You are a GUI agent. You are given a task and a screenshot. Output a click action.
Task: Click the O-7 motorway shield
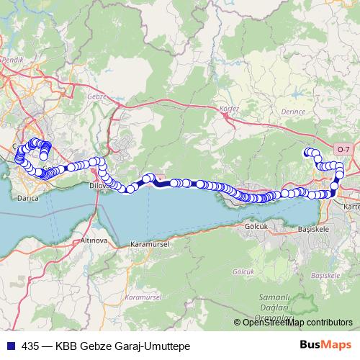(x=343, y=149)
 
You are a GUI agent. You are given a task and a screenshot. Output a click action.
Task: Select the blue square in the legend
(x=9, y=346)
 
